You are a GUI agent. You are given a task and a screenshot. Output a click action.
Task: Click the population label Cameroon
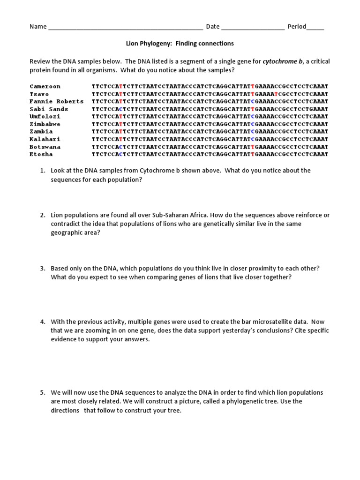45,86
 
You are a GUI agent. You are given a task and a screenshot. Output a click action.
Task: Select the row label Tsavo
39,94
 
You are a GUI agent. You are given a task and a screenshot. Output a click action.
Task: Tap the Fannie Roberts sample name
56,101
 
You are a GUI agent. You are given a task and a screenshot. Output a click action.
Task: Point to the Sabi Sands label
49,109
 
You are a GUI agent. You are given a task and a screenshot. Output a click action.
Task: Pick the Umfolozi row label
45,117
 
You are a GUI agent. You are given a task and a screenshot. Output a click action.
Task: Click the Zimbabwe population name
45,124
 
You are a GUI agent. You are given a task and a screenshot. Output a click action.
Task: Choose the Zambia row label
41,132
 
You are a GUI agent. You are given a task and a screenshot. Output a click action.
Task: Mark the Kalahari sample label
45,139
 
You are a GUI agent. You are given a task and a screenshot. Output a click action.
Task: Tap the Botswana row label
45,147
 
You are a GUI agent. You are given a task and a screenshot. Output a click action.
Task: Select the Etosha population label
41,154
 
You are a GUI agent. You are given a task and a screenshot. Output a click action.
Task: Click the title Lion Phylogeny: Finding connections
180,44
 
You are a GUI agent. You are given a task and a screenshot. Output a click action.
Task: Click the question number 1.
42,171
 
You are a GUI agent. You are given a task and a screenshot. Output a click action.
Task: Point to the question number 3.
42,268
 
